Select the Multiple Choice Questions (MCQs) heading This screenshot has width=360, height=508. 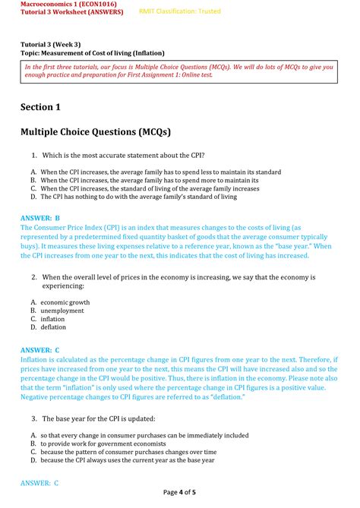coord(96,132)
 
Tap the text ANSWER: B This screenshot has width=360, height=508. coord(39,217)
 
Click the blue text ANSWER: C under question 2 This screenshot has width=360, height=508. coord(40,349)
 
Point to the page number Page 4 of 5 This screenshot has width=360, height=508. coord(179,493)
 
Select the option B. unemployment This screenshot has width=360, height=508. coord(57,311)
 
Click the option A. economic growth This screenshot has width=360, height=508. coord(60,302)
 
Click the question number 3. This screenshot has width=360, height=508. coord(34,418)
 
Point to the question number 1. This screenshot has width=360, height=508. coord(34,155)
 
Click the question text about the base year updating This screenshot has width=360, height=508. coord(98,418)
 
